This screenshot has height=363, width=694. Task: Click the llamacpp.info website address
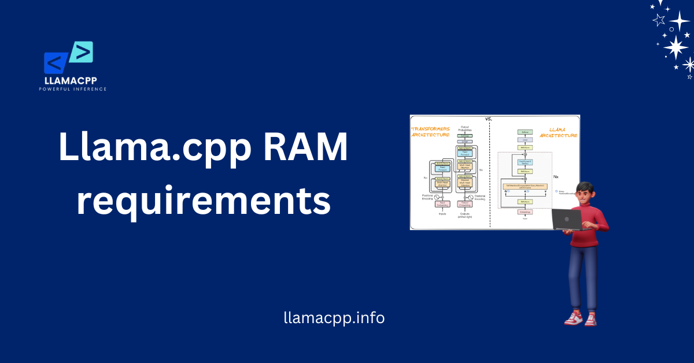[334, 317]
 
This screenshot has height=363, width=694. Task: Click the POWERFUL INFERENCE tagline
[73, 89]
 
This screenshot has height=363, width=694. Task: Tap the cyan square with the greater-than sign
[82, 53]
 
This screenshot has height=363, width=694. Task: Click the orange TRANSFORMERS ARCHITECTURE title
[430, 131]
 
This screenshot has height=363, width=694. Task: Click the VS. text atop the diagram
[489, 118]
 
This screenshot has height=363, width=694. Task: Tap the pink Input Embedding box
[443, 203]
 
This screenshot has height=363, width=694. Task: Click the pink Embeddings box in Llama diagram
[525, 212]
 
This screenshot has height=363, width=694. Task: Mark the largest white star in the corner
[675, 47]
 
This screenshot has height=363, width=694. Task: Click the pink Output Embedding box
[464, 203]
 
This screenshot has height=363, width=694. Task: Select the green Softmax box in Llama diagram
[525, 132]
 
